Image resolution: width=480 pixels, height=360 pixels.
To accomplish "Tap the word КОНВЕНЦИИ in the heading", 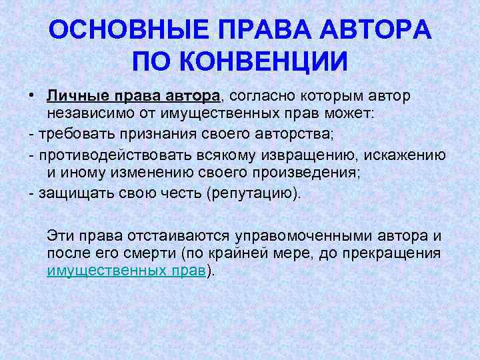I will pos(273,61).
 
